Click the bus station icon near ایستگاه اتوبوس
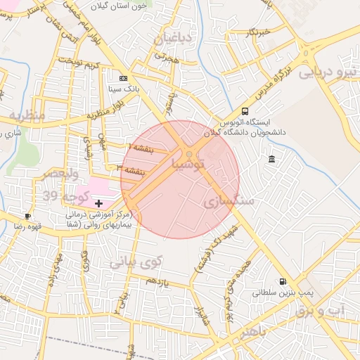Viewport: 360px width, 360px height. point(245,111)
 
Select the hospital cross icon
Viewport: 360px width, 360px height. point(98,203)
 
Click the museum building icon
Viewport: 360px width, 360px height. point(272,160)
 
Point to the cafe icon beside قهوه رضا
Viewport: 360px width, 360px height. point(27,216)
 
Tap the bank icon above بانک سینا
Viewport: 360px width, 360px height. point(124,78)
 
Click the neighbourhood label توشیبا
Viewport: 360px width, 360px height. point(189,164)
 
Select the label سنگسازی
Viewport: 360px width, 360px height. point(226,202)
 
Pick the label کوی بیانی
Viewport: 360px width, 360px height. point(136,262)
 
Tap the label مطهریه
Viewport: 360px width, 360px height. point(27,114)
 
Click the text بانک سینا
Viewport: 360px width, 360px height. point(124,89)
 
